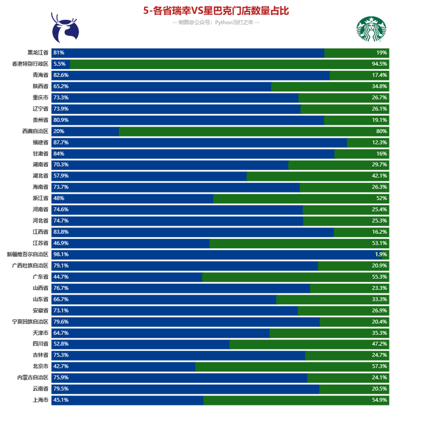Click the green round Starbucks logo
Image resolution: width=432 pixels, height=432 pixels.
[x=371, y=29]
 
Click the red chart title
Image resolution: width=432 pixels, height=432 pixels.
[x=216, y=11]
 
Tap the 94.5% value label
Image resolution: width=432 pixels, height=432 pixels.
[x=379, y=64]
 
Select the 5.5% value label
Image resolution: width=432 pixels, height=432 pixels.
[x=59, y=64]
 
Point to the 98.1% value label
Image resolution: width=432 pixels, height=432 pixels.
[x=61, y=254]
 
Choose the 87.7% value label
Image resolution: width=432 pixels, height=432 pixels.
[x=61, y=142]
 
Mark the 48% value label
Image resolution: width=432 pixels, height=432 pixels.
[x=59, y=198]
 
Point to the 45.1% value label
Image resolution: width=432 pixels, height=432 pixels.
[x=61, y=400]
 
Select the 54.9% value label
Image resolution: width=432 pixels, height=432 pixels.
[x=379, y=400]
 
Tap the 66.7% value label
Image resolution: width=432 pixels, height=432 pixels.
[x=61, y=299]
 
